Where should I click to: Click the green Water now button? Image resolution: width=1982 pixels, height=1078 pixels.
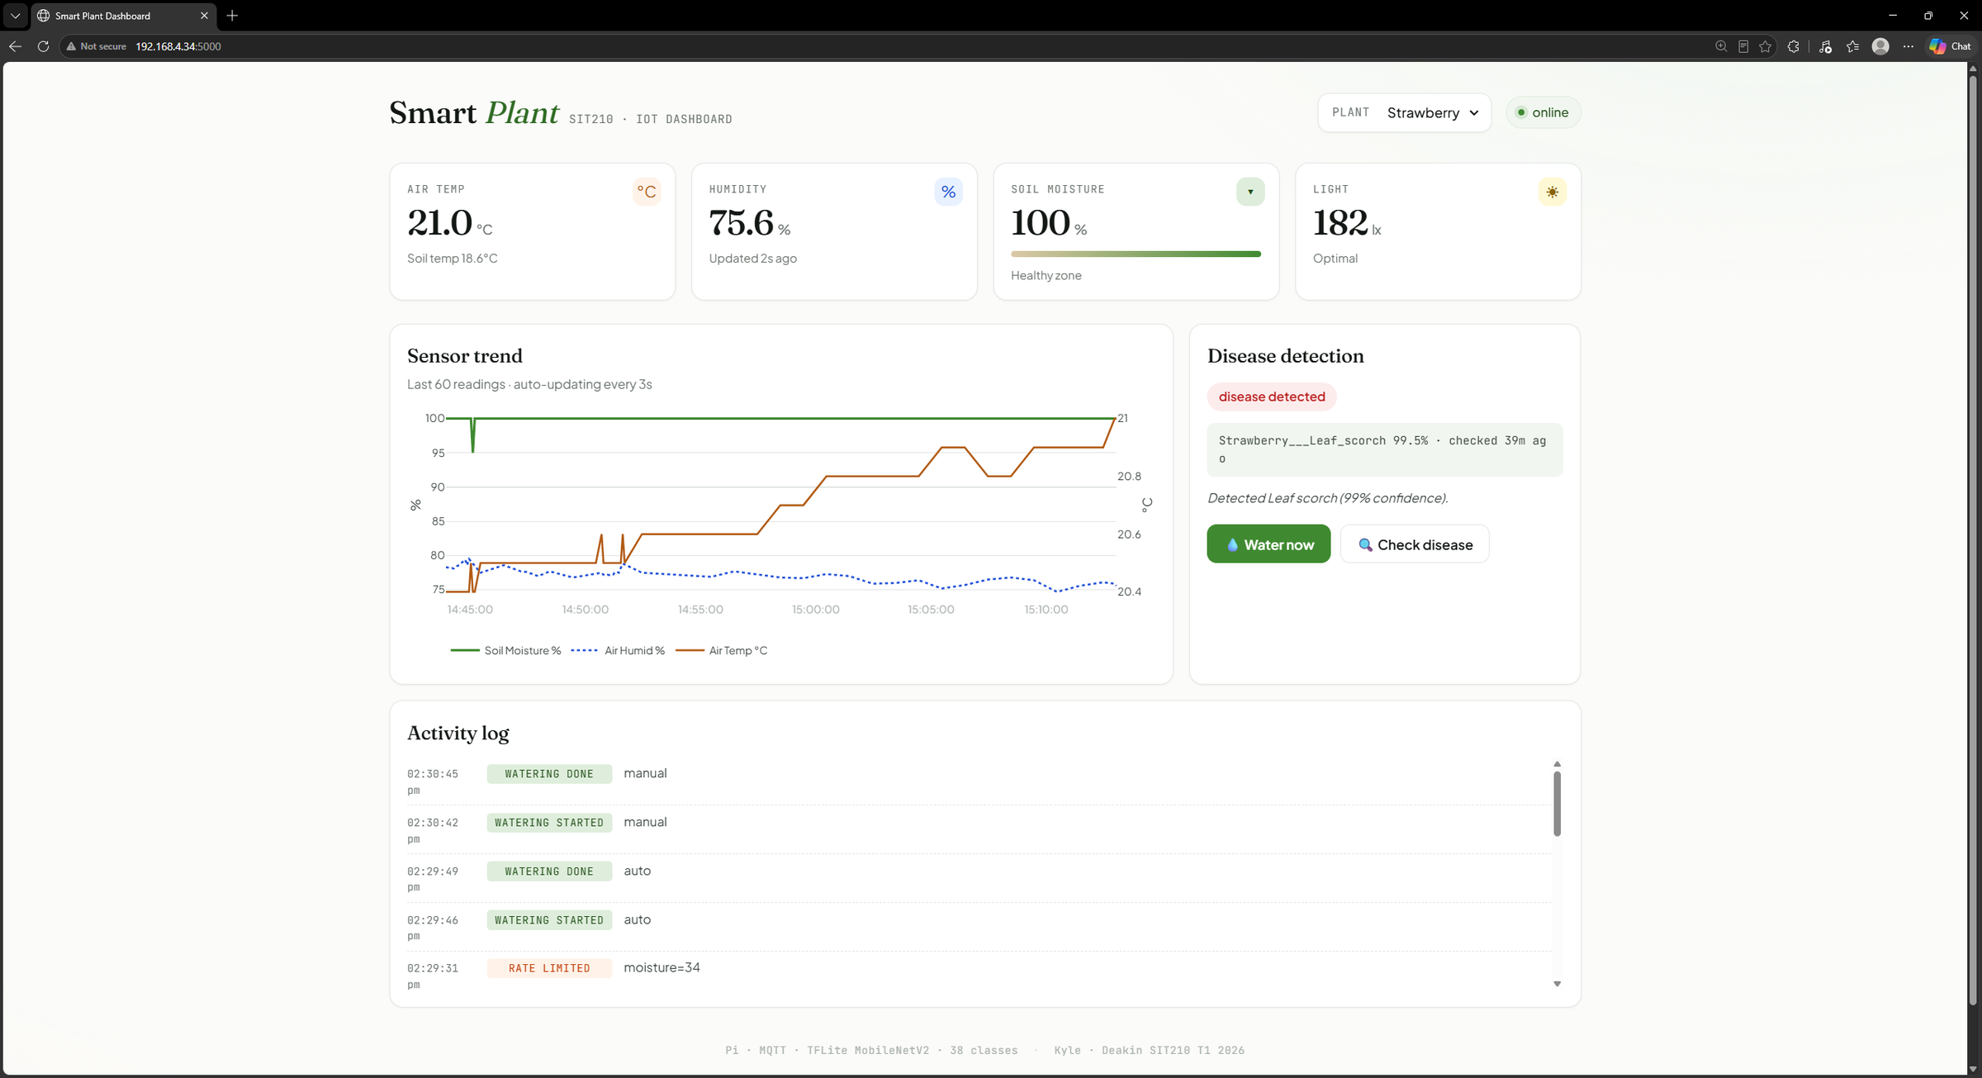pyautogui.click(x=1268, y=544)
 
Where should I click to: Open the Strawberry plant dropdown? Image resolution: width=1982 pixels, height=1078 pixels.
pyautogui.click(x=1433, y=112)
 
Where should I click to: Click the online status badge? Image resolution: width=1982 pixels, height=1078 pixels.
pyautogui.click(x=1543, y=112)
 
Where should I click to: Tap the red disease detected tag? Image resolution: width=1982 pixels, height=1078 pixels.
pyautogui.click(x=1272, y=397)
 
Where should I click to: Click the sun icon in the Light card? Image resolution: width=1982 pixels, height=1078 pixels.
pyautogui.click(x=1553, y=192)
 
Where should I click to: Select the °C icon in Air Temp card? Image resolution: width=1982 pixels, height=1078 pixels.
pyautogui.click(x=647, y=192)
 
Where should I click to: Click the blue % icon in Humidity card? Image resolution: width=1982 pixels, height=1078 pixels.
pyautogui.click(x=948, y=192)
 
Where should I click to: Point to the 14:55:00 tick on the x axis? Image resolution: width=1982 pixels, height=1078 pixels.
pyautogui.click(x=700, y=610)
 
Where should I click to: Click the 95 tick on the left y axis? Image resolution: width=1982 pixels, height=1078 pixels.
pyautogui.click(x=438, y=453)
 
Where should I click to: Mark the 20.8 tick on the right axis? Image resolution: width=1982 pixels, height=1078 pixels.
pyautogui.click(x=1129, y=477)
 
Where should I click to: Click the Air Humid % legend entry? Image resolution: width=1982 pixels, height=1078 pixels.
pyautogui.click(x=618, y=651)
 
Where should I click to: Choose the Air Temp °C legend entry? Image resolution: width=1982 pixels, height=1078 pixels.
pyautogui.click(x=722, y=651)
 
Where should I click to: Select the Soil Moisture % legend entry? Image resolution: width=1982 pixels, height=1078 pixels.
pyautogui.click(x=505, y=651)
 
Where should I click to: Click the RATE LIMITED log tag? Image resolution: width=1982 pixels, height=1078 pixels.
pyautogui.click(x=549, y=968)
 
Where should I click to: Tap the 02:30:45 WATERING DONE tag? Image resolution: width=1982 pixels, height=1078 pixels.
pyautogui.click(x=549, y=774)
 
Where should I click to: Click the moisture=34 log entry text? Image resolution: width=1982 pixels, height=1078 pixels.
pyautogui.click(x=661, y=967)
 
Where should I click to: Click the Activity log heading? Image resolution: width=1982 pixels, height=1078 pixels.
pyautogui.click(x=458, y=734)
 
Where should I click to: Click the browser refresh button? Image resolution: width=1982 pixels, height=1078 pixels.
pyautogui.click(x=43, y=46)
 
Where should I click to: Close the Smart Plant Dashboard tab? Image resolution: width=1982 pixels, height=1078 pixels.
pyautogui.click(x=204, y=16)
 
